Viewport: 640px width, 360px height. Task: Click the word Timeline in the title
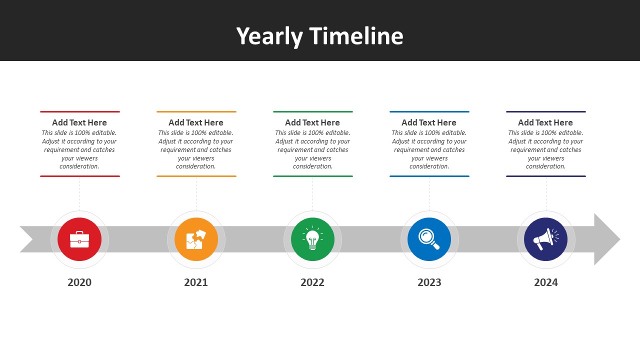[x=356, y=36]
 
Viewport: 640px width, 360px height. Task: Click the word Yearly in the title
[x=269, y=37]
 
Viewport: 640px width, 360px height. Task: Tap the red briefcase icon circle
[x=79, y=239]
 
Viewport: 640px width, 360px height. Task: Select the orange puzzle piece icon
[x=196, y=239]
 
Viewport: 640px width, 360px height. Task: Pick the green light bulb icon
[x=312, y=239]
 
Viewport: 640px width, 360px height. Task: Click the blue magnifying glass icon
[x=429, y=239]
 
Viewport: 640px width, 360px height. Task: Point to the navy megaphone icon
[x=545, y=239]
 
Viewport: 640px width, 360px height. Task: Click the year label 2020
[x=79, y=282]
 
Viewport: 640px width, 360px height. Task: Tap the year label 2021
[x=196, y=282]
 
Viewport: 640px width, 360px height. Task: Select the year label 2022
[x=312, y=282]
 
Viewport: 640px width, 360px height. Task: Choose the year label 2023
[x=429, y=282]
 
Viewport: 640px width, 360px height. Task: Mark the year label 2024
[x=546, y=282]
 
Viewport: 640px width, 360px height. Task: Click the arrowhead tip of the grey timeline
[x=620, y=239]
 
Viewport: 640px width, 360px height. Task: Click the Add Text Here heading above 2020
[x=79, y=122]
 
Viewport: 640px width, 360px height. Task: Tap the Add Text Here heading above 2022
[x=312, y=122]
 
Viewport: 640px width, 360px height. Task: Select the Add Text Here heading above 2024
[x=545, y=122]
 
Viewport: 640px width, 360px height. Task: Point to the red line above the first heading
[x=80, y=111]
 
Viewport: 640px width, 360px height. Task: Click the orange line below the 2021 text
[x=196, y=176]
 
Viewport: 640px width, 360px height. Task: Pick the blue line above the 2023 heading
[x=429, y=111]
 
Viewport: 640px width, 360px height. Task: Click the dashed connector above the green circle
[x=312, y=193]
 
